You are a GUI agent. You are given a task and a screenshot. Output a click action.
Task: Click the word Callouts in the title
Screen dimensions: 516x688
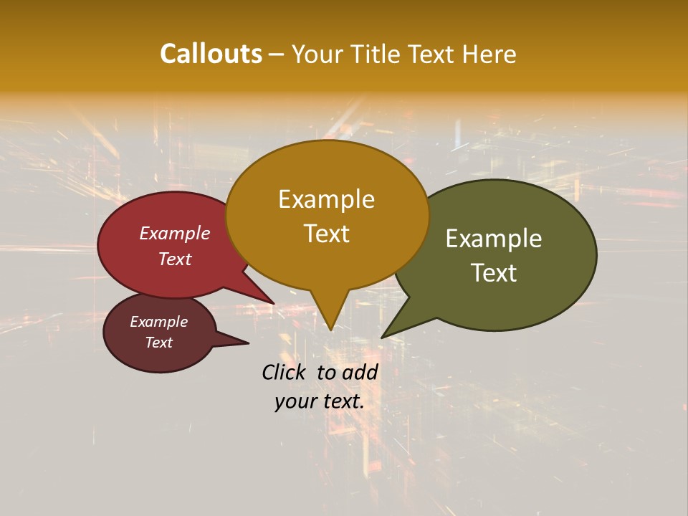[211, 54]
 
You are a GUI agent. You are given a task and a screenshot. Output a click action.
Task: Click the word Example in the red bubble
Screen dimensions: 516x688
[175, 233]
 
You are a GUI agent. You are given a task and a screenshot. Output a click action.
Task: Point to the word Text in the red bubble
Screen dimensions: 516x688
[175, 259]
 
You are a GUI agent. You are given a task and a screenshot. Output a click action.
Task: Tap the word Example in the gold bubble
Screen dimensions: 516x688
[326, 199]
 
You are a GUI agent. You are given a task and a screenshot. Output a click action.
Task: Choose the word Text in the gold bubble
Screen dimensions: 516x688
[326, 234]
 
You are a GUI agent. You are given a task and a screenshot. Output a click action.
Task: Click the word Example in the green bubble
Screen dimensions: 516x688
[494, 239]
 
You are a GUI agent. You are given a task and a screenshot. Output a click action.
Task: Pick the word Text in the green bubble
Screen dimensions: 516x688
[494, 273]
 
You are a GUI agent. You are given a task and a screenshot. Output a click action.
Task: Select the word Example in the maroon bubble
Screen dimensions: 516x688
[158, 322]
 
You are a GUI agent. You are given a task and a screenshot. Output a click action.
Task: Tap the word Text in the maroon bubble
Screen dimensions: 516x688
[158, 343]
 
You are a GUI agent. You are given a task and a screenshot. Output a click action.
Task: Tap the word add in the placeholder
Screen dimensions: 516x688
[360, 372]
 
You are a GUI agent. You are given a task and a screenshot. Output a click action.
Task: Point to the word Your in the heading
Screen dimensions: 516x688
[317, 54]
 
